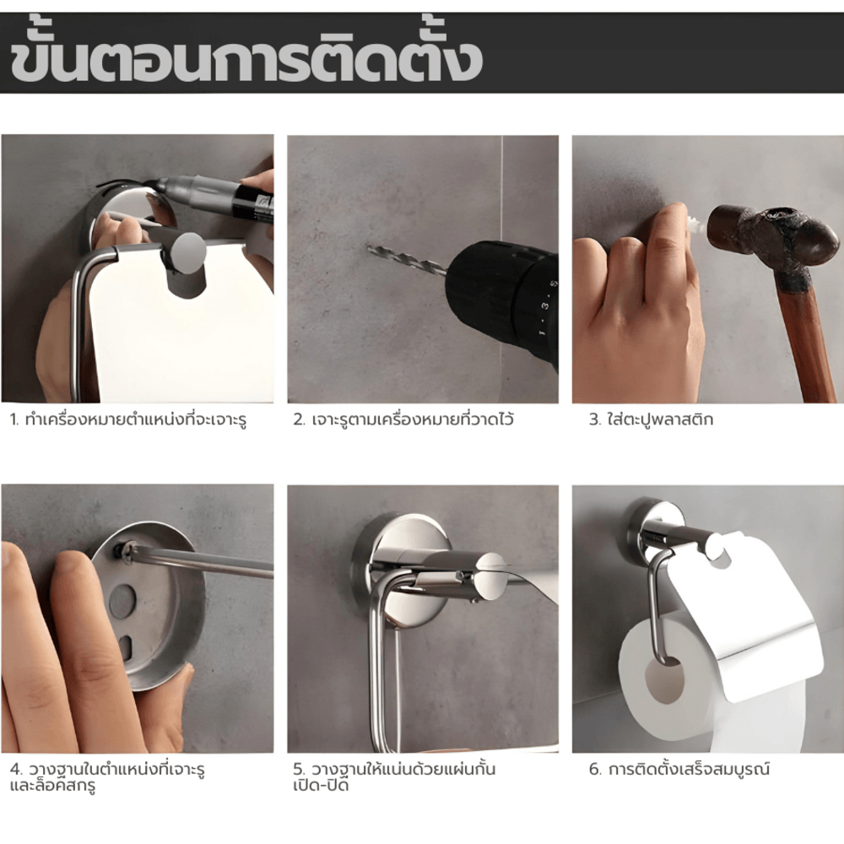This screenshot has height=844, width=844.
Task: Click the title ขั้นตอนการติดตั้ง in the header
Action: click(x=246, y=54)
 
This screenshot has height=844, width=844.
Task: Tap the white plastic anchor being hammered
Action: click(x=697, y=221)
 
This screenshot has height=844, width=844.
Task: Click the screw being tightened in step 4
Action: click(x=124, y=552)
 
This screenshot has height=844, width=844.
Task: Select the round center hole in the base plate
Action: click(x=122, y=601)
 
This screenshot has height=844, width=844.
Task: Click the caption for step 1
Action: click(x=128, y=419)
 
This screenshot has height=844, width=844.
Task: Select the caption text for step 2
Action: click(x=403, y=419)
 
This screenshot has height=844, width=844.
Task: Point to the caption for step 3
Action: click(x=651, y=419)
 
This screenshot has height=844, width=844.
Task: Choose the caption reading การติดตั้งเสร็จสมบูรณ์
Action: click(x=689, y=769)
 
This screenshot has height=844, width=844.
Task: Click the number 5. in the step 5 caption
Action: click(x=300, y=769)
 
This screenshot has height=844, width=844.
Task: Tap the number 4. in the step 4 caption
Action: click(x=16, y=770)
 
